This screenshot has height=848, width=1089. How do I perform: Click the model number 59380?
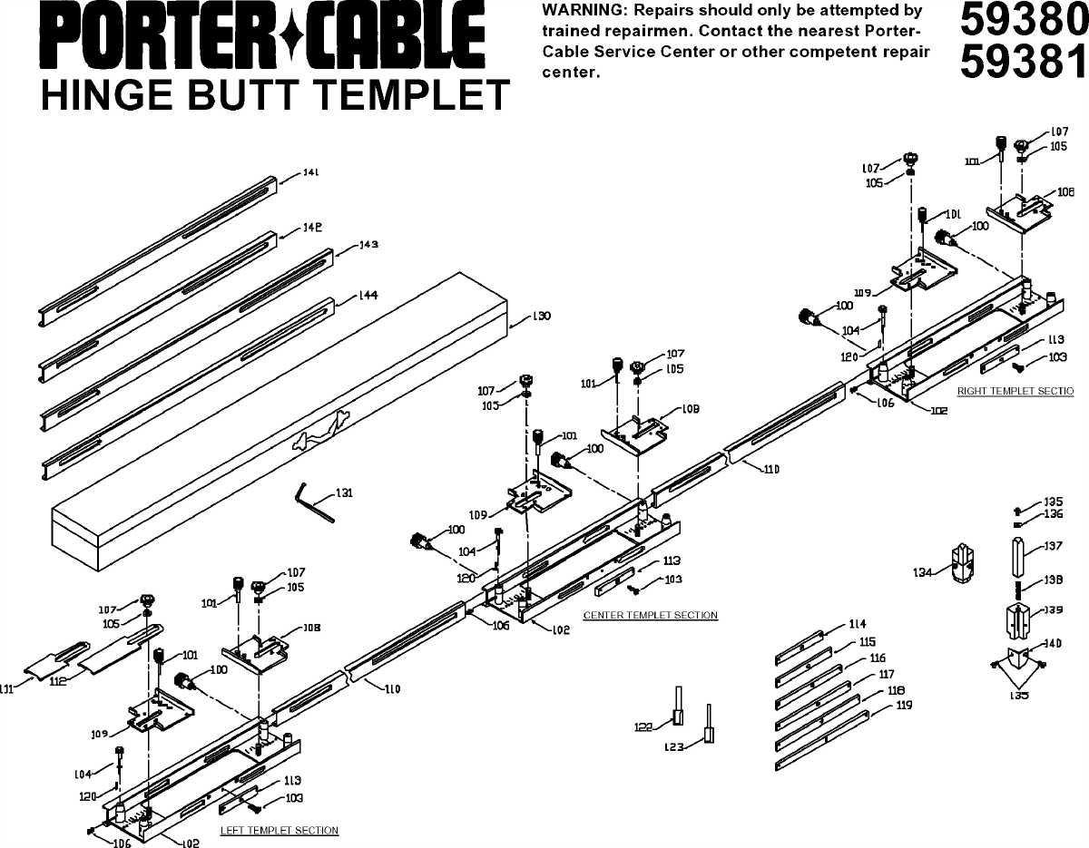point(1022,22)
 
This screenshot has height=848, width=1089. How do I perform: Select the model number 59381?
point(1022,62)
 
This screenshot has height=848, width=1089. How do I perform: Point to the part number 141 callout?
point(311,172)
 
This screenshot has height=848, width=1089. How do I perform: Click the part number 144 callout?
point(368,296)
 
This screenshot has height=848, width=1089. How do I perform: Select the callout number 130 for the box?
point(542,317)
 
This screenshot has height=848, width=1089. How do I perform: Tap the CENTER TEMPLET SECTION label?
point(650,615)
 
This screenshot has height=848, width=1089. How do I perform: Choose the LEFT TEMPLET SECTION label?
point(280,830)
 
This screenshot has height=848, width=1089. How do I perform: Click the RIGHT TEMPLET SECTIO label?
point(1015,391)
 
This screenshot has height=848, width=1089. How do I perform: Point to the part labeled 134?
point(962,565)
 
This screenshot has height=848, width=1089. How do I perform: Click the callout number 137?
point(1053,546)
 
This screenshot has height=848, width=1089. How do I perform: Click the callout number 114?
point(857,624)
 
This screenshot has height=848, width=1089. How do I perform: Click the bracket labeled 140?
point(1016,659)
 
